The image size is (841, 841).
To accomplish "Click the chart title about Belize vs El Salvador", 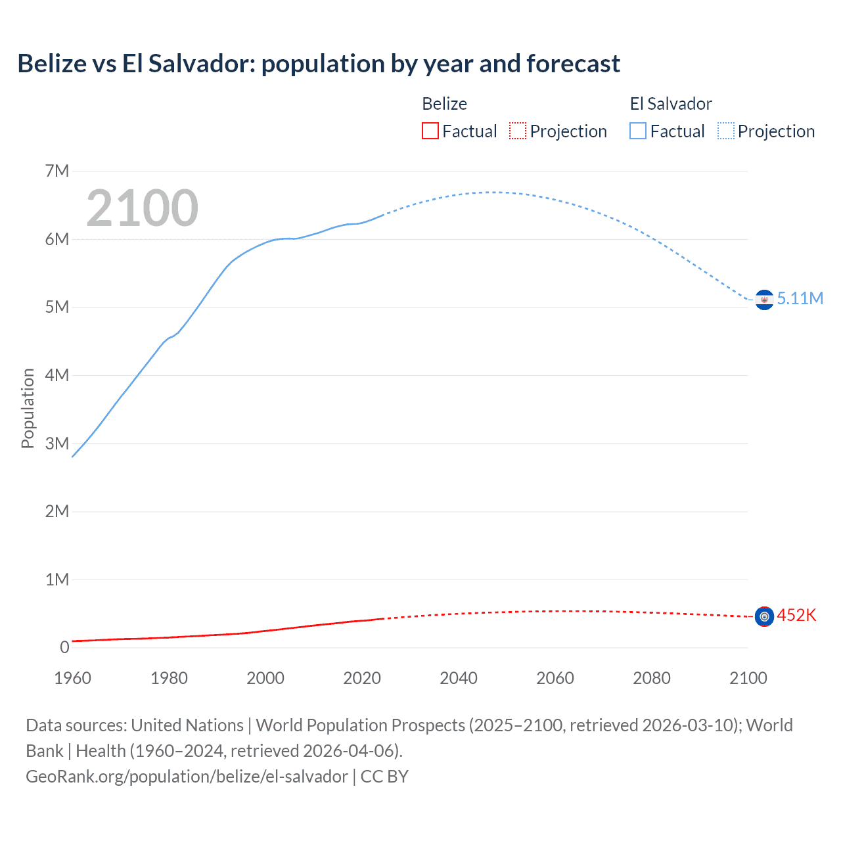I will point(319,64).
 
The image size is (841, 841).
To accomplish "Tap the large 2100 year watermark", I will point(142,208).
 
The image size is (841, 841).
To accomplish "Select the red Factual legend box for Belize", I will point(430,131).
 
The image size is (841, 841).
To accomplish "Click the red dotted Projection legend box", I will point(518,131).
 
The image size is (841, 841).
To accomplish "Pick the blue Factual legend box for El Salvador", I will point(638,131).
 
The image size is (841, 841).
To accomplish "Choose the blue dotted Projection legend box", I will point(726,131).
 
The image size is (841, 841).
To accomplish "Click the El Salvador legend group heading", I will point(671,104).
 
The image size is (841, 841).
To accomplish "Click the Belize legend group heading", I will point(444,104).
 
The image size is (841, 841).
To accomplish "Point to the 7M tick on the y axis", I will point(57,171).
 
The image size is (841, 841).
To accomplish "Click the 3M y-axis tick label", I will point(57,443).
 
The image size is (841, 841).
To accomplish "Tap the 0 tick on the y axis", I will point(64,648).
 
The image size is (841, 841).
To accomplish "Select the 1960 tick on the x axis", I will point(72,678).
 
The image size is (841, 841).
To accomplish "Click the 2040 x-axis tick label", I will point(459,678).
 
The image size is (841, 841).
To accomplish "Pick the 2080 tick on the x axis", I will point(652,678).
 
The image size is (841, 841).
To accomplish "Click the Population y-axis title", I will point(28,408).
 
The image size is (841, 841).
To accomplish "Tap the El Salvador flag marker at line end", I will point(764,300).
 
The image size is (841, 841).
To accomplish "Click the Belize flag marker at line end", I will point(764,616).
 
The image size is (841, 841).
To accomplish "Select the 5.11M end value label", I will point(800,298).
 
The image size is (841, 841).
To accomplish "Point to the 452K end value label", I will point(796,616).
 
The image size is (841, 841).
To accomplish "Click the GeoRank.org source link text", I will point(187,777).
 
